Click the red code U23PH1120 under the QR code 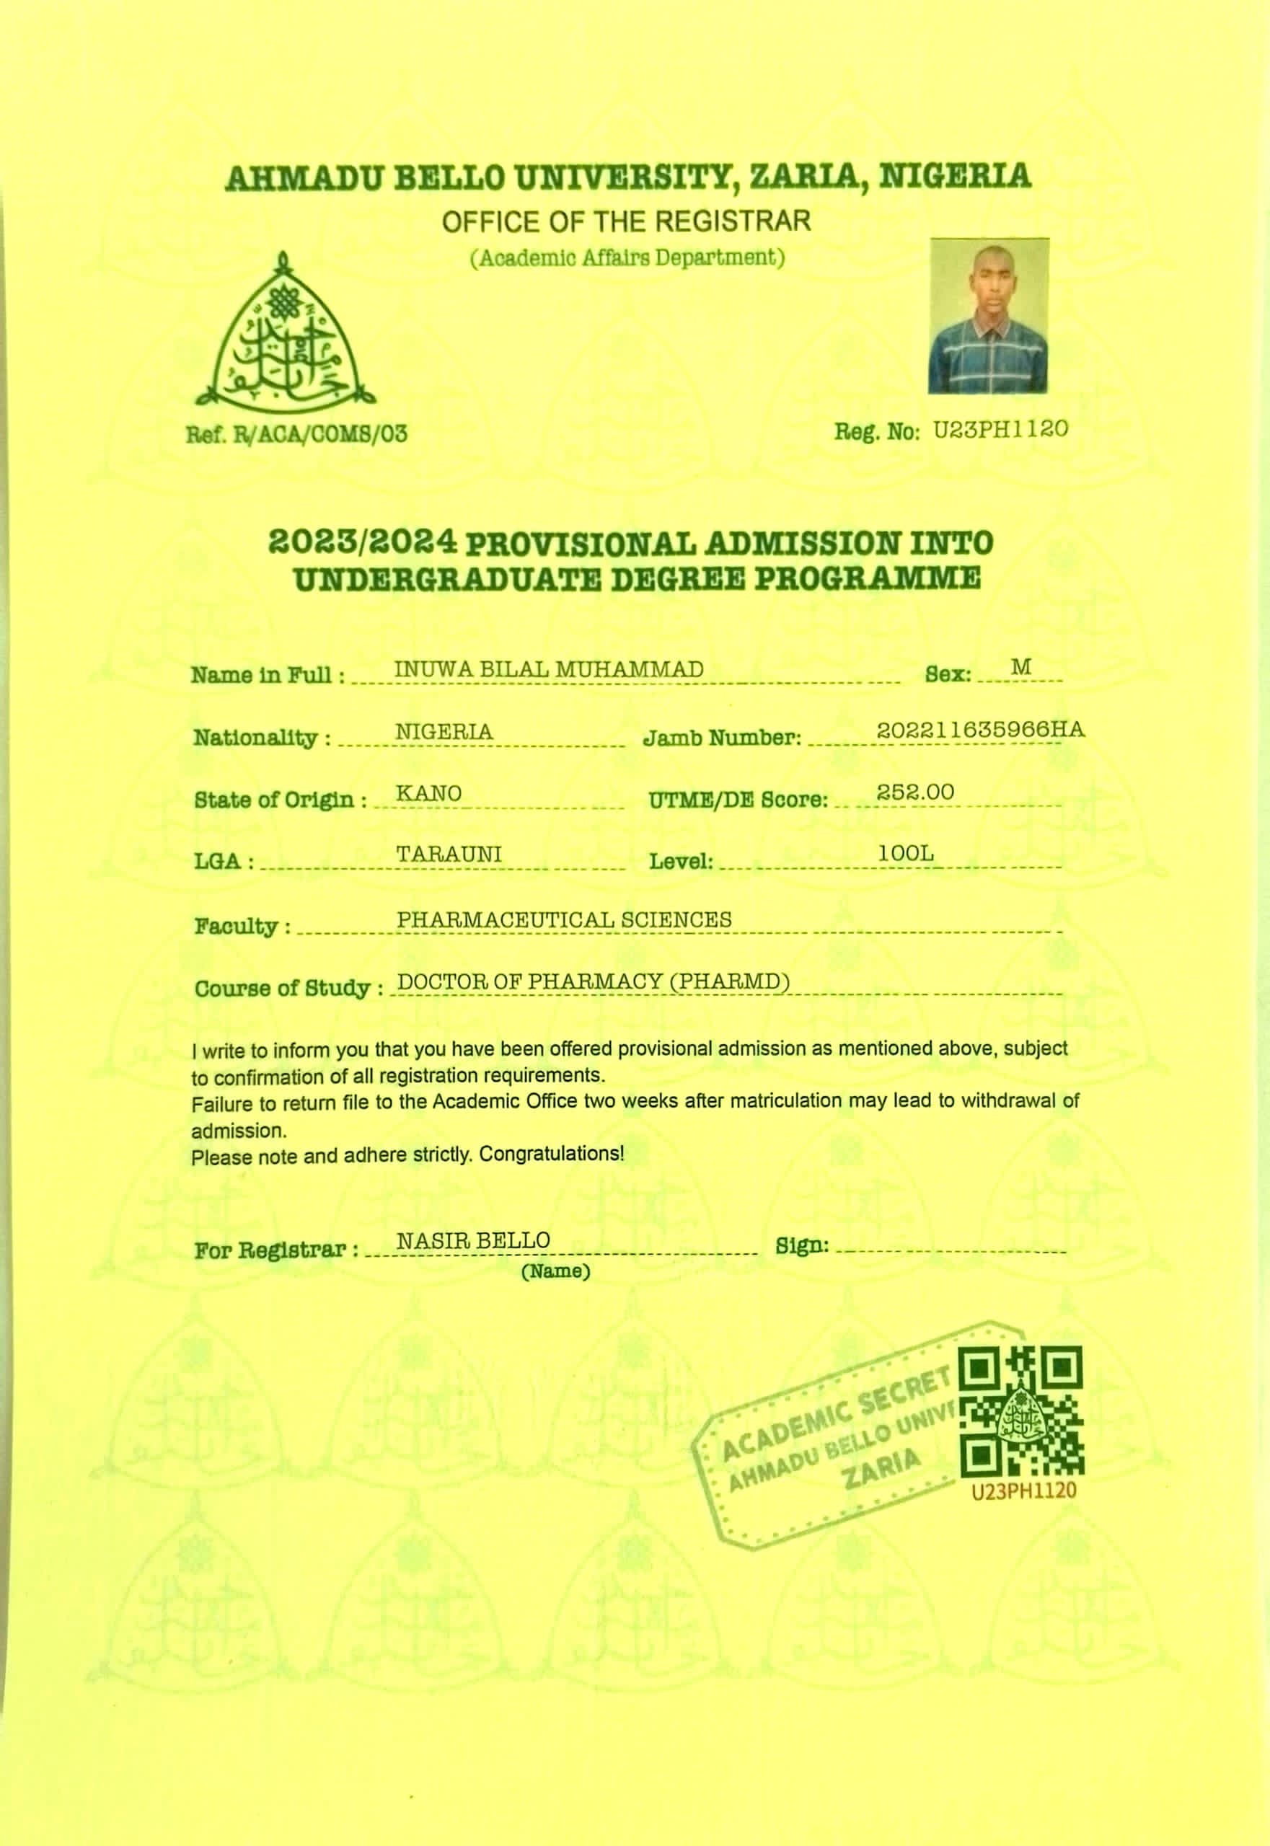point(1023,1491)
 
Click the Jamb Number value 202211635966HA point(980,730)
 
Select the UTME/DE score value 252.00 point(915,792)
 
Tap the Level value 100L point(906,854)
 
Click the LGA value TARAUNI point(449,854)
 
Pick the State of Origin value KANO point(429,794)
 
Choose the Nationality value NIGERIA point(444,732)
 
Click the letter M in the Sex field point(1021,668)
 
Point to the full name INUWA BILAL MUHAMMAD point(549,670)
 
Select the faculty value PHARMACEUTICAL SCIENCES point(564,920)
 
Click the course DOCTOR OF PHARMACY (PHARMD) point(593,982)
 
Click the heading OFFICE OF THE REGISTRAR point(626,221)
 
